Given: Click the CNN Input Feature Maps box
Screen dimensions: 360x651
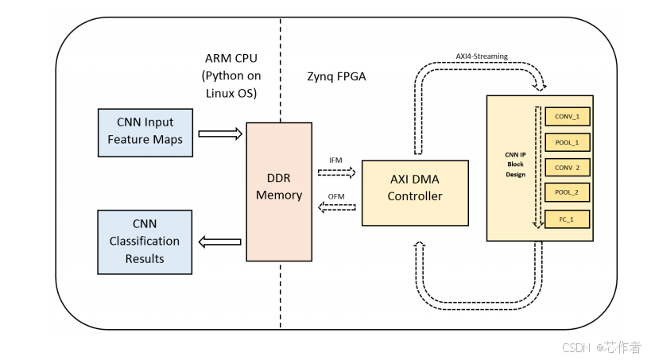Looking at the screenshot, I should (144, 133).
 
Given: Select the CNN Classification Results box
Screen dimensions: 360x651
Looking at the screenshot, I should (144, 242).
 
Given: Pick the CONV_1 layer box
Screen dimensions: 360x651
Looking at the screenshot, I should (568, 116).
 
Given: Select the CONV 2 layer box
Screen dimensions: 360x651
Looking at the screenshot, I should (568, 168).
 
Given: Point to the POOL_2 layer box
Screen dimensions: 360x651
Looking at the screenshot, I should (568, 193).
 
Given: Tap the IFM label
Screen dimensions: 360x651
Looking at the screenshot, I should (336, 161).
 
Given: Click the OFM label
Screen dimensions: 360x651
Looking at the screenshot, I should (336, 197).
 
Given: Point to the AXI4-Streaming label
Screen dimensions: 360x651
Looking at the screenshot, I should (482, 56).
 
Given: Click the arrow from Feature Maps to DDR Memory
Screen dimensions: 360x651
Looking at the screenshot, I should (219, 134).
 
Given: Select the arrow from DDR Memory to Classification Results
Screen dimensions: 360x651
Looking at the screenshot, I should (219, 242).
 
